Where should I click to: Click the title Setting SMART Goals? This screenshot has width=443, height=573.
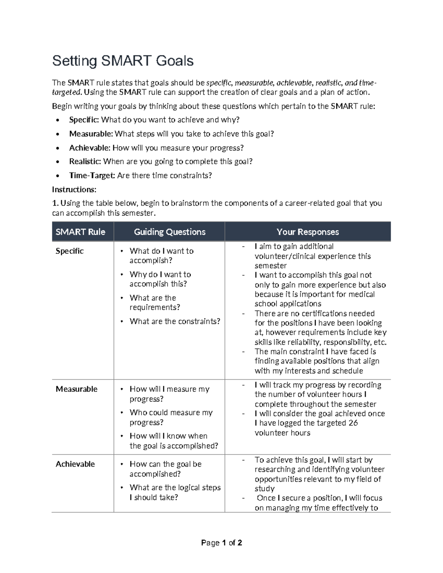tap(123, 61)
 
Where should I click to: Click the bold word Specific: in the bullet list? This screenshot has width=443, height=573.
tap(84, 120)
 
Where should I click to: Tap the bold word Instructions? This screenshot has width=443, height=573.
tap(74, 190)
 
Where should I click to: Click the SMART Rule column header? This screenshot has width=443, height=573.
tap(80, 232)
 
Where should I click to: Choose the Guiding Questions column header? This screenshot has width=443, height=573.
tap(169, 232)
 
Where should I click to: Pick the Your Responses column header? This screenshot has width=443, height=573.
tap(308, 232)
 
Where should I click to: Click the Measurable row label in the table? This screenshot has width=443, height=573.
tap(76, 389)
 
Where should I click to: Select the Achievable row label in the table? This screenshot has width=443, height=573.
tap(75, 464)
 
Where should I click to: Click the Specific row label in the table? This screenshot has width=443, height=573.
tap(69, 251)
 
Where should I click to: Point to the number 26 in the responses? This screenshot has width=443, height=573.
tap(353, 423)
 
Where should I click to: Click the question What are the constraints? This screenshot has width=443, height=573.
tap(175, 321)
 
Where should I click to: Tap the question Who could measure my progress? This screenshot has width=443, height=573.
tap(171, 417)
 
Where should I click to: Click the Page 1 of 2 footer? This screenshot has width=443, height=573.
tap(221, 543)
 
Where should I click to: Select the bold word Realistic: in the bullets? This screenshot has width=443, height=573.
tap(85, 162)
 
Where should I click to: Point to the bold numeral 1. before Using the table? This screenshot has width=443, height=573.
tap(55, 203)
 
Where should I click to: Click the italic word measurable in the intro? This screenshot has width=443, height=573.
tap(254, 83)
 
